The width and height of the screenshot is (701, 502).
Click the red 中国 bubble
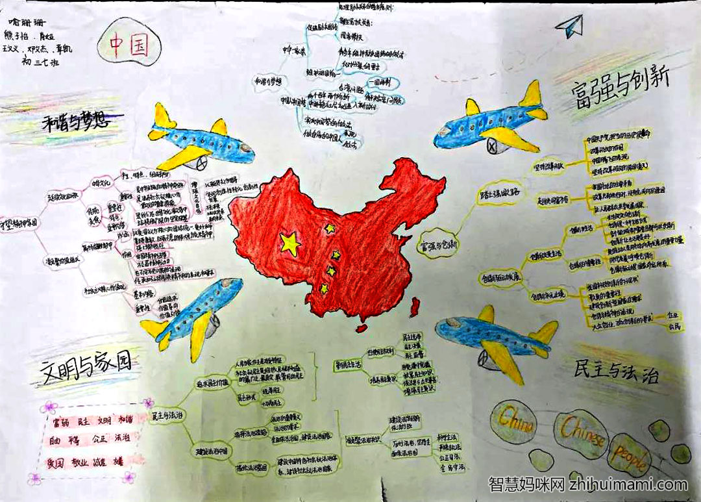pyautogui.click(x=129, y=46)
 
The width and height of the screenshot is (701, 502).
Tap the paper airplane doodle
pyautogui.click(x=569, y=25)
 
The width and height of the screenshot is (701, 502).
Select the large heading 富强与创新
pyautogui.click(x=621, y=92)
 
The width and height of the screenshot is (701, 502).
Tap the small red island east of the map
pyautogui.click(x=414, y=303)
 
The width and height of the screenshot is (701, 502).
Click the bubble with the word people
pyautogui.click(x=630, y=459)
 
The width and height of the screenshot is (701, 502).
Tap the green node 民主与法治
pyautogui.click(x=167, y=414)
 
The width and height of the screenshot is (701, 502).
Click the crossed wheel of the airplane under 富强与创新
pyautogui.click(x=491, y=147)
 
